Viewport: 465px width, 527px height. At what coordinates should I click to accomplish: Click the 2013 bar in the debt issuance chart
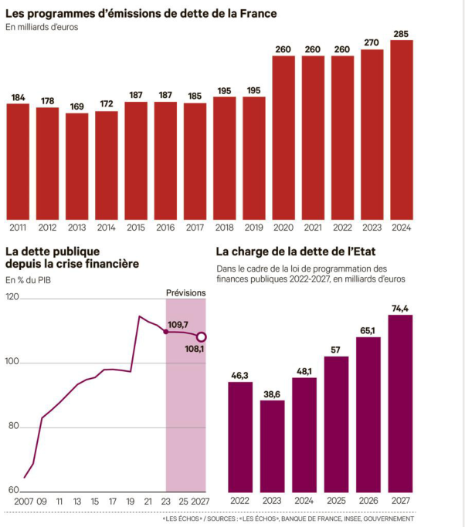click(x=76, y=166)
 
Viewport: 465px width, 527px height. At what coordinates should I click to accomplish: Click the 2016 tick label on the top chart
click(x=165, y=228)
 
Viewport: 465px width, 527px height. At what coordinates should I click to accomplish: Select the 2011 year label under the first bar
click(x=18, y=228)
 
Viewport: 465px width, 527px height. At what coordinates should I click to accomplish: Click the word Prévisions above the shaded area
click(x=186, y=292)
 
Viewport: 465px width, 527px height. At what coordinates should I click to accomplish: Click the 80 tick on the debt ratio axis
click(x=14, y=427)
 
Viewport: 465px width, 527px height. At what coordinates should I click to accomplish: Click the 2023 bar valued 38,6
click(x=272, y=447)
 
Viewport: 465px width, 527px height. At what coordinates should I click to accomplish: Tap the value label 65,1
click(x=368, y=331)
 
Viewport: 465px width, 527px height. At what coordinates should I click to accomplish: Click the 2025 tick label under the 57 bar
click(x=336, y=501)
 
